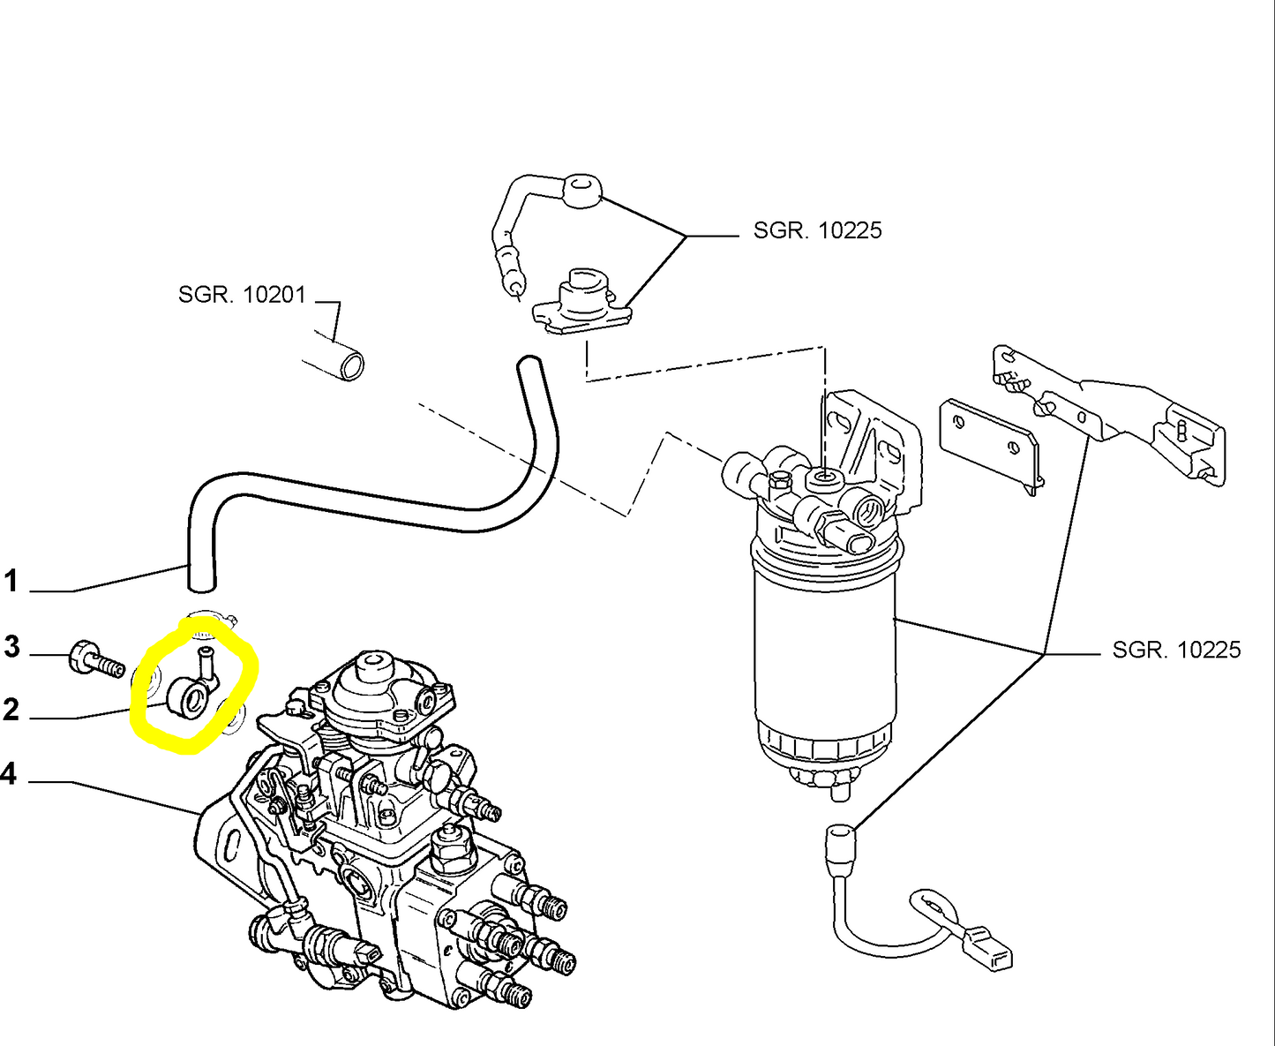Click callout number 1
point(11,581)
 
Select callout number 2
point(11,710)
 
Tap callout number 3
point(12,646)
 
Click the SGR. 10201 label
point(242,295)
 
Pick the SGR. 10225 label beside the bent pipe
point(817,230)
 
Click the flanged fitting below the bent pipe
point(581,303)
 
